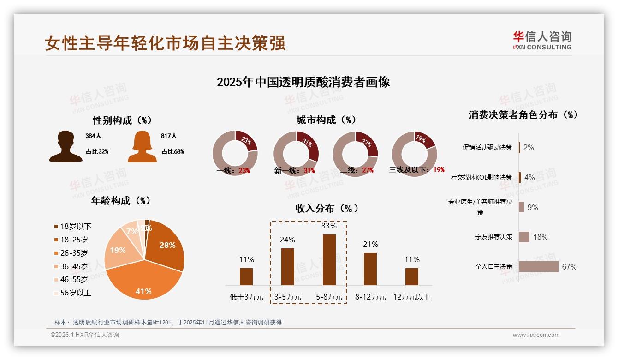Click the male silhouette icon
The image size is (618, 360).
click(65, 146)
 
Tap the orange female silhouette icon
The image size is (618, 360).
click(142, 146)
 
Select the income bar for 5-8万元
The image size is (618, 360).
click(329, 259)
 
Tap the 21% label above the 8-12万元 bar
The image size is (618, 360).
click(370, 244)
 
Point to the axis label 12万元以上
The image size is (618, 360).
click(411, 297)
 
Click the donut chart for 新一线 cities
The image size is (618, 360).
click(296, 154)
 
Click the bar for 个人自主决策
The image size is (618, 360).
click(538, 266)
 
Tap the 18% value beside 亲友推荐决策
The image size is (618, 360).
click(540, 237)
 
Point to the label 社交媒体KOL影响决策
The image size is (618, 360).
click(481, 177)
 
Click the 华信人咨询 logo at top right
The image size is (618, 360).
click(542, 40)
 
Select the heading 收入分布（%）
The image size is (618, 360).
click(327, 208)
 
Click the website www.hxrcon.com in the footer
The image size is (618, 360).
click(536, 335)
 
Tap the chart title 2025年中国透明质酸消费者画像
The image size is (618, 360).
click(303, 82)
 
